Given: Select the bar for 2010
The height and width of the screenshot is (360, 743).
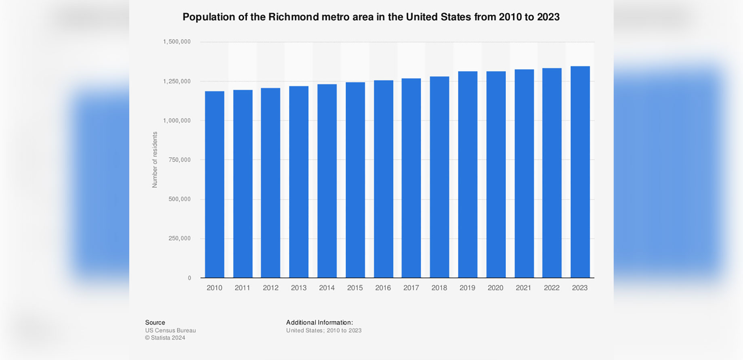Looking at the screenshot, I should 214,184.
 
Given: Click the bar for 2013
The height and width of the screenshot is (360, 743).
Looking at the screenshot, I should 299,182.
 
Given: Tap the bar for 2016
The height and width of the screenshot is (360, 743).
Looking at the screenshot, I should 383,179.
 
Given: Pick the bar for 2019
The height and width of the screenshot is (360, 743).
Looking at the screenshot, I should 468,175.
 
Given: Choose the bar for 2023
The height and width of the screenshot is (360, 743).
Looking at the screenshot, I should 580,172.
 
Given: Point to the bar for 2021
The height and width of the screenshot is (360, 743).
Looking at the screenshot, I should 524,174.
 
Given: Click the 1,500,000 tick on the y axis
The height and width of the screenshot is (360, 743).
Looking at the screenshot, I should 177,42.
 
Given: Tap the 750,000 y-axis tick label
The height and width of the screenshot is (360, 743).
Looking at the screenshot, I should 179,160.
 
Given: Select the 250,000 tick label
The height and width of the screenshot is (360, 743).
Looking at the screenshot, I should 179,239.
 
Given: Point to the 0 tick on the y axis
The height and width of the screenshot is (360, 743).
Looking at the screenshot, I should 189,278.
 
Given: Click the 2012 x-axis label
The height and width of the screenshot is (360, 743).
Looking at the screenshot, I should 271,288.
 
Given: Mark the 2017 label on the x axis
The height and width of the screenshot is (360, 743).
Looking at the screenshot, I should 411,288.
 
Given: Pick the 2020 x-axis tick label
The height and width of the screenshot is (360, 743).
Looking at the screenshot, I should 495,288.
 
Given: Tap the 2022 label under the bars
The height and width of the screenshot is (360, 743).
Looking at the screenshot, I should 552,288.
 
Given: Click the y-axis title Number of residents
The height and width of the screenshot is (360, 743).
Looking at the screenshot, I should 155,160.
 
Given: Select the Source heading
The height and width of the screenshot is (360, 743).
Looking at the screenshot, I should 155,322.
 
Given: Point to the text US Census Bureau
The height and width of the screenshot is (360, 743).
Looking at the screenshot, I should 170,331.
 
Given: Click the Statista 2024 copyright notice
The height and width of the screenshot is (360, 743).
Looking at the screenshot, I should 165,338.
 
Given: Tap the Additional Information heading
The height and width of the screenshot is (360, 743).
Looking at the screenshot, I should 319,322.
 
